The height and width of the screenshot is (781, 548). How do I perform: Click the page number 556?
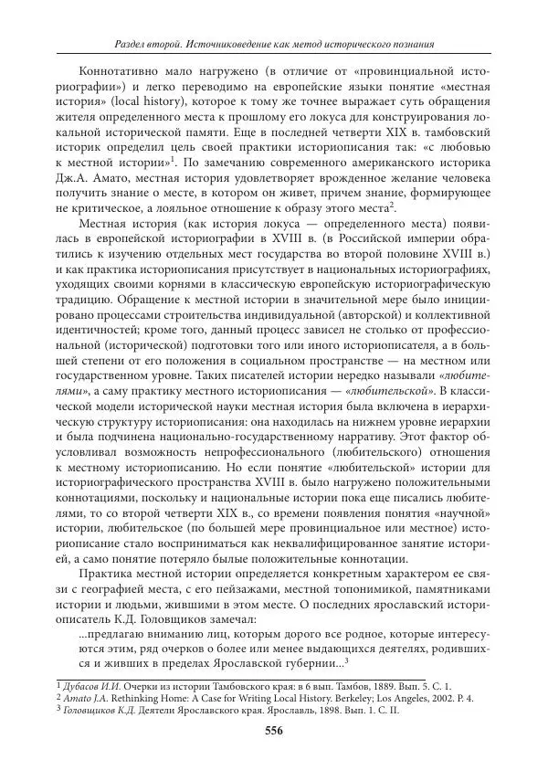pos(273,729)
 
